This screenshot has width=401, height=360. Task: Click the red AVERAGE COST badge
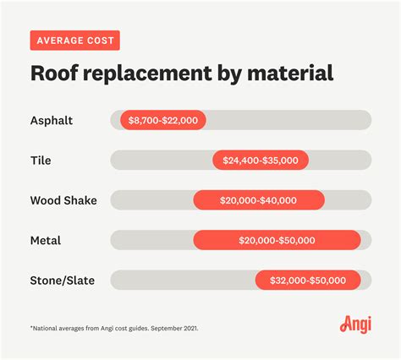tap(74, 41)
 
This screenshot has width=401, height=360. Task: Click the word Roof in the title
tap(52, 74)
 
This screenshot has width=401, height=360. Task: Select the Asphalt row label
tap(51, 120)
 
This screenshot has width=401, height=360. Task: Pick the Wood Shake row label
tap(63, 200)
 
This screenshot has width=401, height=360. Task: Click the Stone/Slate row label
tap(63, 281)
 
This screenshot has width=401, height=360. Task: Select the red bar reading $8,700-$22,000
tap(163, 120)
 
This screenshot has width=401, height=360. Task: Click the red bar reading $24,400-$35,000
tap(261, 161)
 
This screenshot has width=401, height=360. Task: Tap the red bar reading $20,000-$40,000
tap(259, 200)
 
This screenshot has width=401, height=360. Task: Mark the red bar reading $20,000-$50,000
tap(277, 240)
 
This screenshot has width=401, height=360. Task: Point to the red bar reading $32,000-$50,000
tap(308, 281)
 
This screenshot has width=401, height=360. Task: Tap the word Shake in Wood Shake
tap(80, 200)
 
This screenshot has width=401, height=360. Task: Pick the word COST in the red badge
tap(100, 41)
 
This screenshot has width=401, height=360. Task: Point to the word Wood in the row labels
tap(45, 200)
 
